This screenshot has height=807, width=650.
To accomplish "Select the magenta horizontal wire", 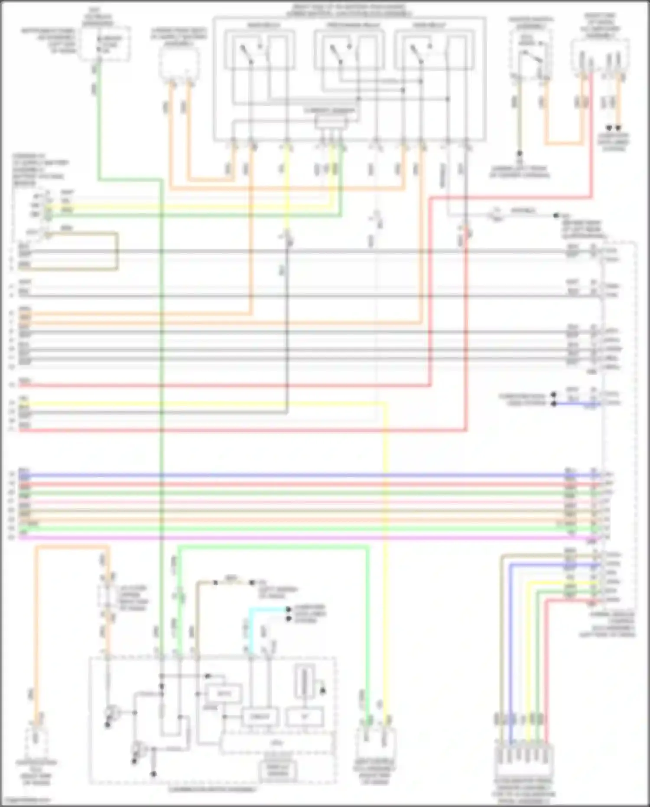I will pos(303,538).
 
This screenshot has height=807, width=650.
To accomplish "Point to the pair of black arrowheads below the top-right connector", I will pos(614,128).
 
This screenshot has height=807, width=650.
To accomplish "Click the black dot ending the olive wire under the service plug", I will pos(519,154).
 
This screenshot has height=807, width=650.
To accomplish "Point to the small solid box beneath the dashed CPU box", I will pos(278,771).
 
